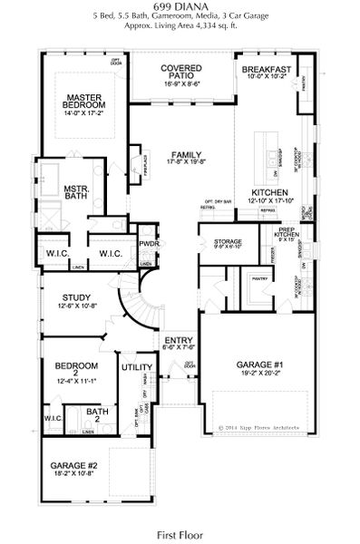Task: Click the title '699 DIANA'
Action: [x=179, y=7]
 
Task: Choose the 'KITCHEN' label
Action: [x=269, y=193]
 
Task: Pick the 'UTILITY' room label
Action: [x=136, y=367]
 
